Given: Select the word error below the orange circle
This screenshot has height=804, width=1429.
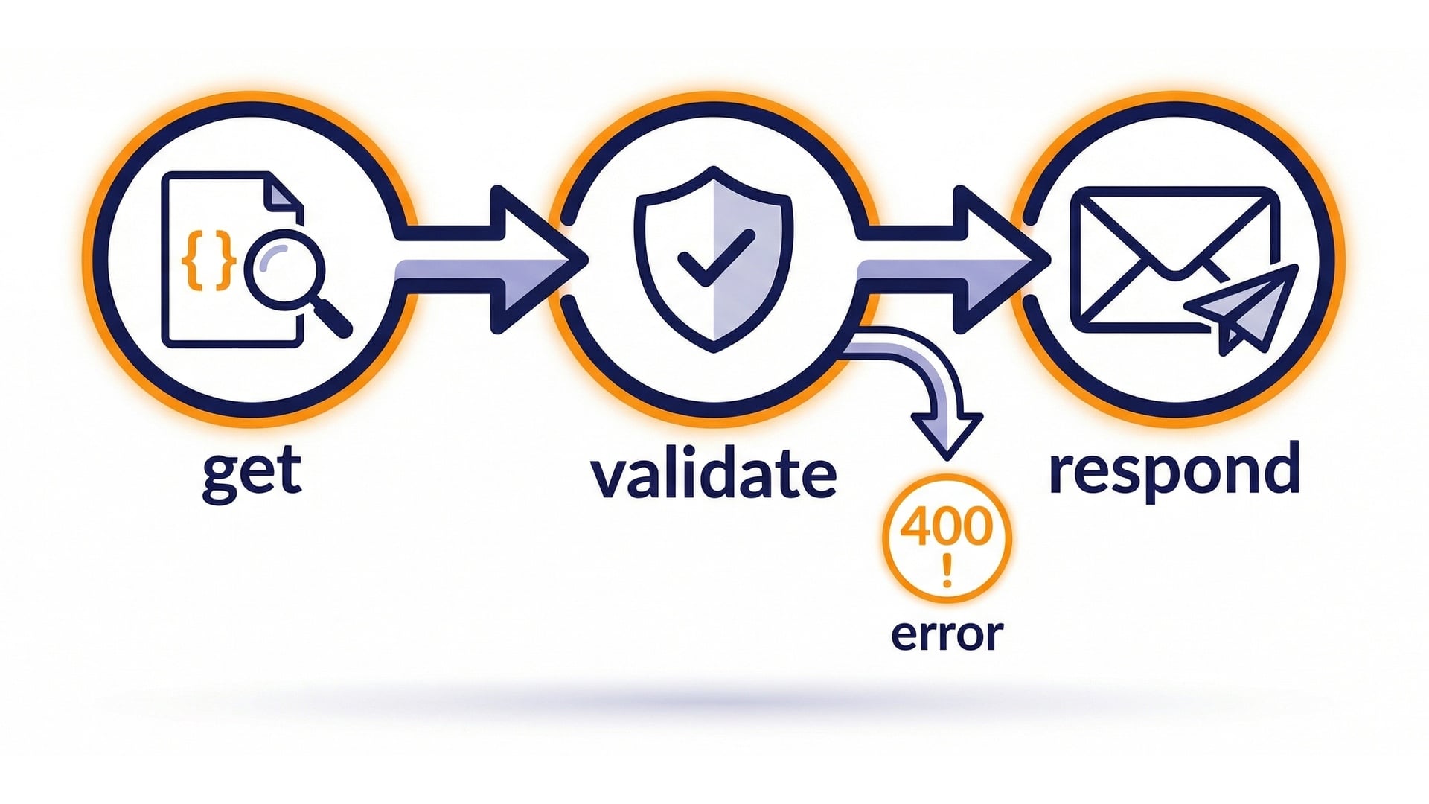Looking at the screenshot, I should (947, 635).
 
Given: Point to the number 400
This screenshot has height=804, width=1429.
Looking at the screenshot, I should (947, 526).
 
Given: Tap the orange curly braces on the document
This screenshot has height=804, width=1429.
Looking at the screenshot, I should (208, 260).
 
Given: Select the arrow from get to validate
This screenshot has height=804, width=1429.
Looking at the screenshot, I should (491, 260).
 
